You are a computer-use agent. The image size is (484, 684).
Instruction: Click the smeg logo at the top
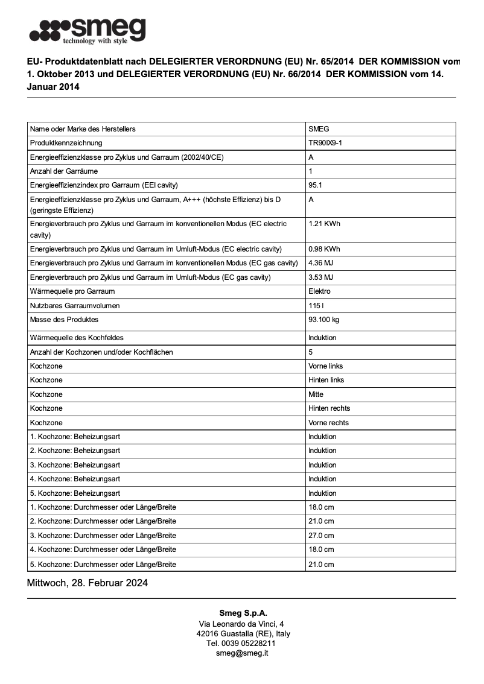click(x=88, y=30)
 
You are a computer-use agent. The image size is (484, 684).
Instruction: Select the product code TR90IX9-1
click(x=325, y=143)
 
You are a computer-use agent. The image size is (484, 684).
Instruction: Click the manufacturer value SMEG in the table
click(x=319, y=129)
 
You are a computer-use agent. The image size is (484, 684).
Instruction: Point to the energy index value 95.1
click(x=315, y=185)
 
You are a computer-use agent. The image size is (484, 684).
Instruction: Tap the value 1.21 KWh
click(x=324, y=224)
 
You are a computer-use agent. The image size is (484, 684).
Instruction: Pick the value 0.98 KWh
click(x=324, y=249)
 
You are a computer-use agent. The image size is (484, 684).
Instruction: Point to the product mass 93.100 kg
click(x=323, y=320)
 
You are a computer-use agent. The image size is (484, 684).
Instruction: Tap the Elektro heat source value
click(x=319, y=291)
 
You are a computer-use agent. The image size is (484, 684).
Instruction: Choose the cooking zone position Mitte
click(x=316, y=394)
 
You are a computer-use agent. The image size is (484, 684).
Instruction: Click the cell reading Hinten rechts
click(x=329, y=408)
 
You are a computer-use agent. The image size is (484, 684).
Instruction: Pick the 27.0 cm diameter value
click(x=321, y=536)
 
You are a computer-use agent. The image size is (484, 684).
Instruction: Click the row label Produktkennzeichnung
click(x=66, y=143)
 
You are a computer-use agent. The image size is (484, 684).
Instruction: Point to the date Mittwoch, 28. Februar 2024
click(x=88, y=583)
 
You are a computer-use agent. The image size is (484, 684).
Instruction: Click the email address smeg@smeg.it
click(x=242, y=653)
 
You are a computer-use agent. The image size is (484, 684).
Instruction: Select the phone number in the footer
click(x=242, y=644)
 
